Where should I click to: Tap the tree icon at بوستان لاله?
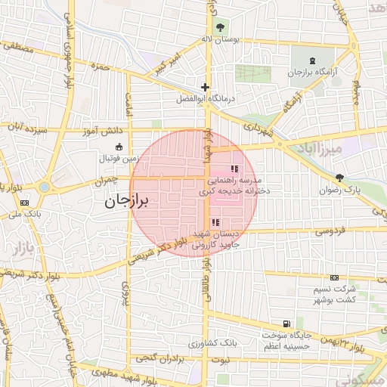click(220, 27)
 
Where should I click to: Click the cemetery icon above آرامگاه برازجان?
click(314, 60)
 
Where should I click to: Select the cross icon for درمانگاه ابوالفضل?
click(205, 88)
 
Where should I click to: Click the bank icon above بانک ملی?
click(24, 203)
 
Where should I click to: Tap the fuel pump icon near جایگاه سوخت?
click(285, 323)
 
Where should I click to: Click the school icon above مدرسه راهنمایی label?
click(235, 169)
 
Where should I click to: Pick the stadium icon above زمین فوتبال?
click(118, 147)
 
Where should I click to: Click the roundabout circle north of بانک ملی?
click(44, 187)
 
